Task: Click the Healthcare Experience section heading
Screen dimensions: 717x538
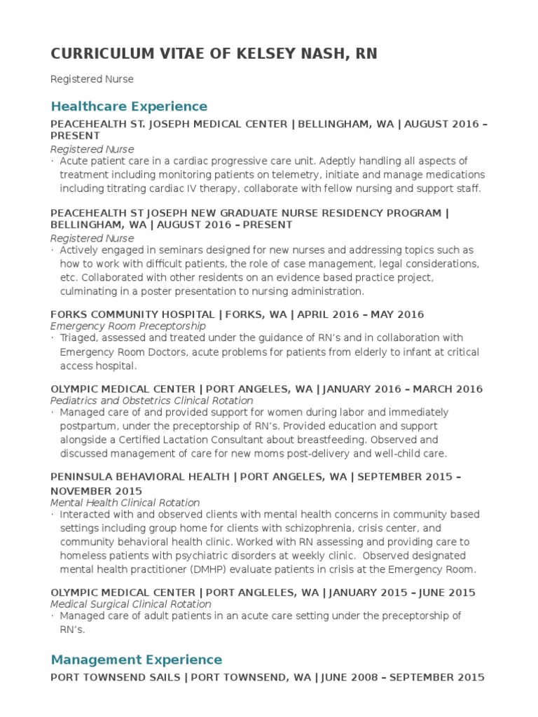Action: coord(129,106)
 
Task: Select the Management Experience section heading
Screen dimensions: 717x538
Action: coord(136,660)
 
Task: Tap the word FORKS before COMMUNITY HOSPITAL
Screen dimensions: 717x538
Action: coord(68,314)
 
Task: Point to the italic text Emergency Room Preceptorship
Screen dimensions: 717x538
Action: coord(128,326)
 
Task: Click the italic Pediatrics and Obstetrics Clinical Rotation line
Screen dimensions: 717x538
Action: coord(151,401)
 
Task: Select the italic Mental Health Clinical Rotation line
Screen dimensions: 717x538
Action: coord(125,503)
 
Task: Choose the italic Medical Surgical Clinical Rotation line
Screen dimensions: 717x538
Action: coord(130,604)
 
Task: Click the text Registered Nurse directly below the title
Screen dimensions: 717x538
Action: coord(92,79)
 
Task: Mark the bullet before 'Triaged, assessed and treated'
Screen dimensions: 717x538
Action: coord(53,338)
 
